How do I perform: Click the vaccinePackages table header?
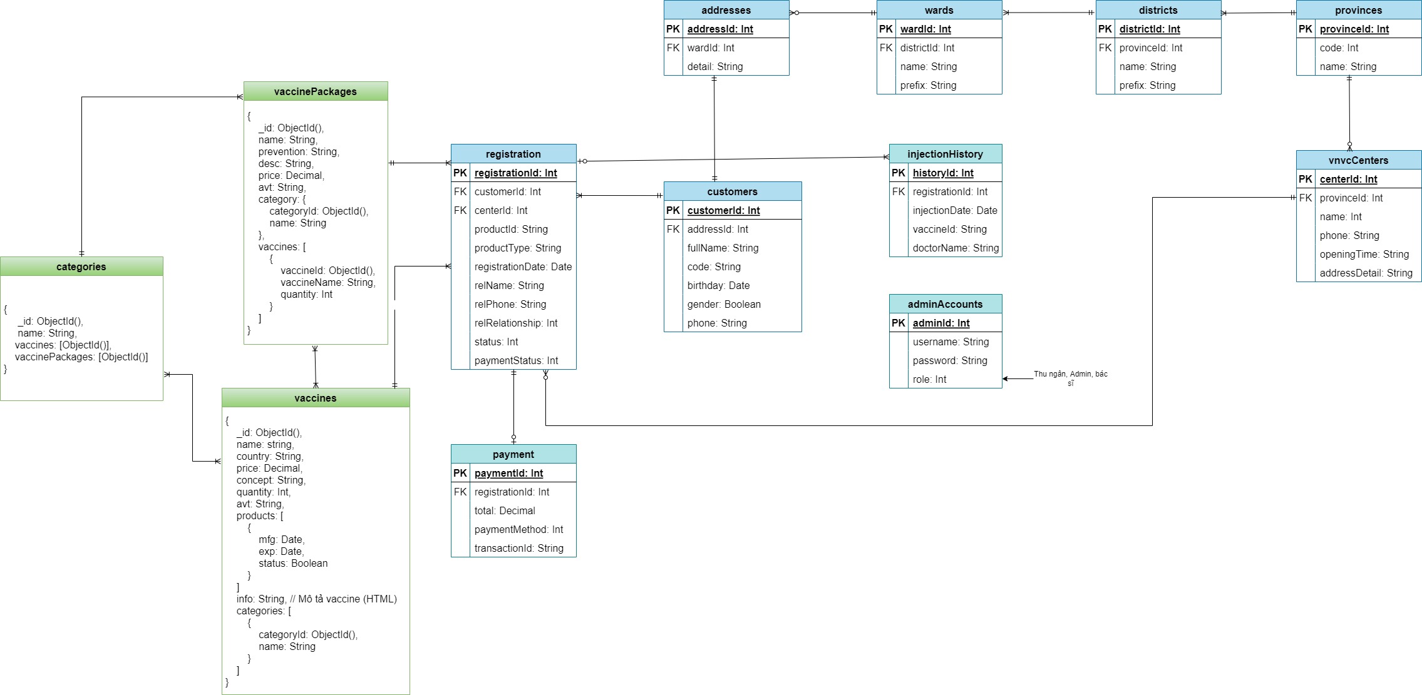tap(316, 91)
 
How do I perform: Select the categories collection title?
tap(81, 266)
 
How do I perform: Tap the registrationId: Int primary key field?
tap(515, 173)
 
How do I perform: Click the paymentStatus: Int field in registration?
tap(516, 360)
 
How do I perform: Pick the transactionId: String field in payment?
tap(518, 548)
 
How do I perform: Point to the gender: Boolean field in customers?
tap(724, 304)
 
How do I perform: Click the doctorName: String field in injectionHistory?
tap(956, 248)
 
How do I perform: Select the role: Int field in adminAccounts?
tap(929, 379)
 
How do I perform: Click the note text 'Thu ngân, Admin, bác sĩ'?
tap(1070, 378)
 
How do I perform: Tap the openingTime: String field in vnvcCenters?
tap(1364, 254)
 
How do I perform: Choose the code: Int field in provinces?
tap(1339, 48)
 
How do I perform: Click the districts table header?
tap(1158, 10)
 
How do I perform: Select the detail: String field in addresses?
tap(714, 66)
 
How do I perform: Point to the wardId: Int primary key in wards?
tap(925, 29)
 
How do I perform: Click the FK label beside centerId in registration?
tap(460, 210)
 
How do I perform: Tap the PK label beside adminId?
tap(899, 323)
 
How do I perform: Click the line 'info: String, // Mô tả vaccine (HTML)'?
tap(316, 599)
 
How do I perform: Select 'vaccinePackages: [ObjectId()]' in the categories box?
tap(81, 357)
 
